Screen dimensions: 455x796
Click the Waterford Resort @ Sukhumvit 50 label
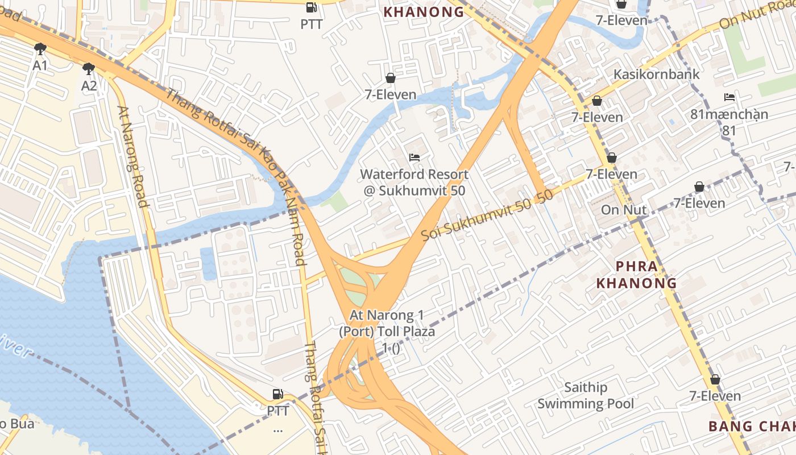point(414,182)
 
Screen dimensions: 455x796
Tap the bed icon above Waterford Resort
point(414,157)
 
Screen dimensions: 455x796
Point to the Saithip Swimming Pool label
point(586,396)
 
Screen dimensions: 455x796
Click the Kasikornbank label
point(656,75)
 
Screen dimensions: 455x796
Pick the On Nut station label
point(624,209)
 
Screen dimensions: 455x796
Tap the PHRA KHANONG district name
point(636,274)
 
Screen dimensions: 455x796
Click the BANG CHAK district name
point(751,426)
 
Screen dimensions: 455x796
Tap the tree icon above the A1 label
point(40,48)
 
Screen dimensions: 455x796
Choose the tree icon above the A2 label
point(88,69)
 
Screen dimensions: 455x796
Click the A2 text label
point(89,86)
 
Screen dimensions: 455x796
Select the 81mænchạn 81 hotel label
point(729,122)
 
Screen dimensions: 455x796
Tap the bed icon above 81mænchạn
point(729,97)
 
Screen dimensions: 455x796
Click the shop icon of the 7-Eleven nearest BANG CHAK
point(715,379)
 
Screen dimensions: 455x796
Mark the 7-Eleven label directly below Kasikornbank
point(597,117)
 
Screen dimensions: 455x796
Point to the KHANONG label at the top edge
point(424,12)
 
